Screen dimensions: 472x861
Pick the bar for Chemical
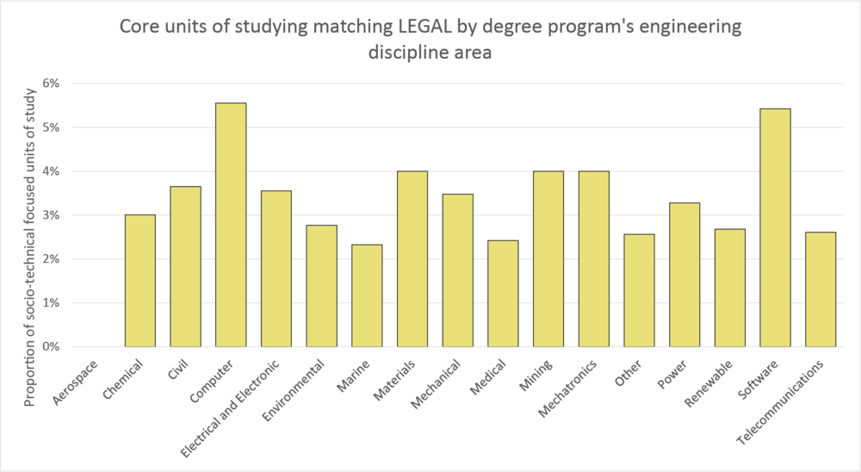[x=140, y=281]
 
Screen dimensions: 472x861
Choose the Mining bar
[x=548, y=259]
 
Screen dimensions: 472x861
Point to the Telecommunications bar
[x=821, y=289]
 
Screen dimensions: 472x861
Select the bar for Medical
[x=503, y=294]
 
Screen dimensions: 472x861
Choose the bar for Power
[x=684, y=275]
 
